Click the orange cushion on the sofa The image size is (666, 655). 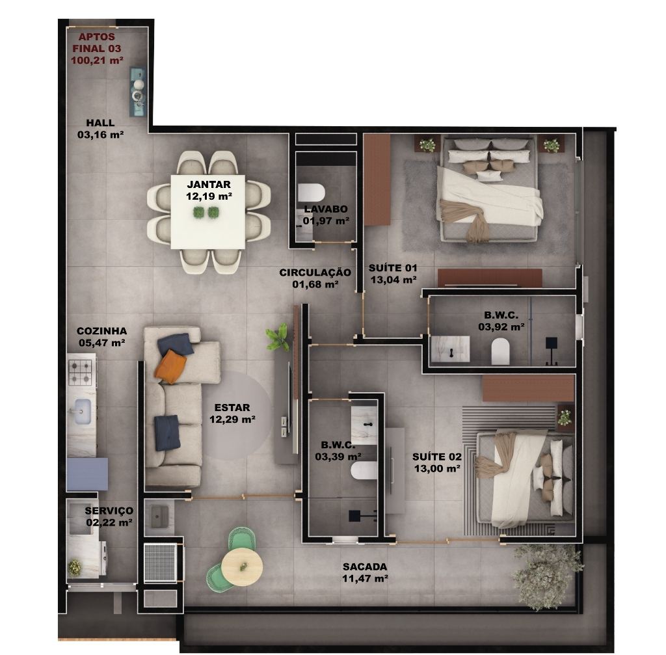coord(170,366)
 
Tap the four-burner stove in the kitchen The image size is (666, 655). coord(81,372)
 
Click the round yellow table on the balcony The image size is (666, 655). coord(242,567)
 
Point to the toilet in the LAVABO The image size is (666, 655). coord(311,193)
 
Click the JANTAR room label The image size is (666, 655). coord(209,184)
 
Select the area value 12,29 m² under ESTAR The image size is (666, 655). coord(232,420)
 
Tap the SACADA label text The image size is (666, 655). coord(365,567)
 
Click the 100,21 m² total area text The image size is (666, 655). coord(97,60)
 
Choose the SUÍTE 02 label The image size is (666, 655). coord(436,457)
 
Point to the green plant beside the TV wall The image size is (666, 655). coord(278,337)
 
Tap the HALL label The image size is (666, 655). coord(100,123)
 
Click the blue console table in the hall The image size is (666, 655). coord(138,92)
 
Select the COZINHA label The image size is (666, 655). coord(101,331)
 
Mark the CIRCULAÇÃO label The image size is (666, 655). coord(315,273)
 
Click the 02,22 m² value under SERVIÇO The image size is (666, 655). coord(109,522)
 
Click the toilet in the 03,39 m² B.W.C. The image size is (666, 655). coord(364,471)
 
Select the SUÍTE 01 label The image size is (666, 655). coord(393,268)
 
